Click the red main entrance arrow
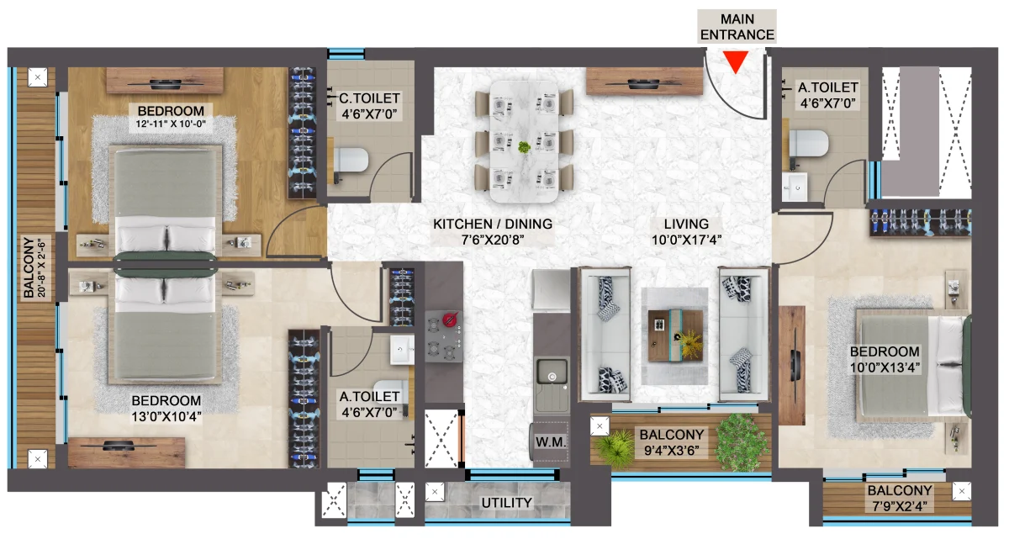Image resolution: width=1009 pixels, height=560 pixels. point(736,61)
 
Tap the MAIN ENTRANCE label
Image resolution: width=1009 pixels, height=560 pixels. point(737,27)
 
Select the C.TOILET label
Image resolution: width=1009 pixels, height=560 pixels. point(369,98)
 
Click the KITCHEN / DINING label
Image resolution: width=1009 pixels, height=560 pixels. point(493,224)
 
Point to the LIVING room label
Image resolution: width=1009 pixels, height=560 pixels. point(686,224)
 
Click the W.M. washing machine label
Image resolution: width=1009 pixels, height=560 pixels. point(551,442)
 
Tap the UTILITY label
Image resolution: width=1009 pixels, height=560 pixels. point(507,503)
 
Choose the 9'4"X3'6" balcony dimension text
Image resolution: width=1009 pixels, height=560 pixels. point(672,451)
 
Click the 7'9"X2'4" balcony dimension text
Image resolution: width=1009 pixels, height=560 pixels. point(900,506)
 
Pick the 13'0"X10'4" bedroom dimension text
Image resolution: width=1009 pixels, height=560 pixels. point(166,417)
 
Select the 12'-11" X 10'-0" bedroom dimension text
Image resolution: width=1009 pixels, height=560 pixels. point(171,124)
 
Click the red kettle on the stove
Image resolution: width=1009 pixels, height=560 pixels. point(450,319)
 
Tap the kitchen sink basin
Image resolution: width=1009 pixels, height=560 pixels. point(552,372)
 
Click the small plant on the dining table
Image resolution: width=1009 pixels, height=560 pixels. point(524,147)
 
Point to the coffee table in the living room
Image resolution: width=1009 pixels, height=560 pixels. point(675,335)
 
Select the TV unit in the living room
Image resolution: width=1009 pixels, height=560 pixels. point(644,81)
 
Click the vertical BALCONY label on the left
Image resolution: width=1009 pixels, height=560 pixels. point(29,267)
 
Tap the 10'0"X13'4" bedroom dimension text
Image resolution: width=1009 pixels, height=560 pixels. point(885,367)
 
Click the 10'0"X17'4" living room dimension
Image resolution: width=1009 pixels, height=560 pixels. point(686,240)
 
